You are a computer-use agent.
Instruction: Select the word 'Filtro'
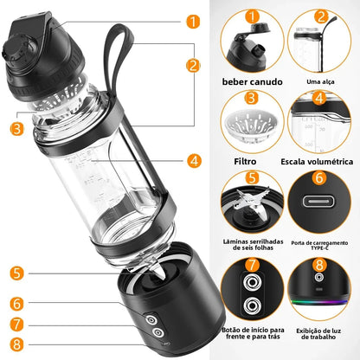click(252, 160)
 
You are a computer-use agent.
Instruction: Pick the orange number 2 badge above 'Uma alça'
click(319, 16)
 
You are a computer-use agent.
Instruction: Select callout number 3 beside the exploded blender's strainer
click(16, 129)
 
